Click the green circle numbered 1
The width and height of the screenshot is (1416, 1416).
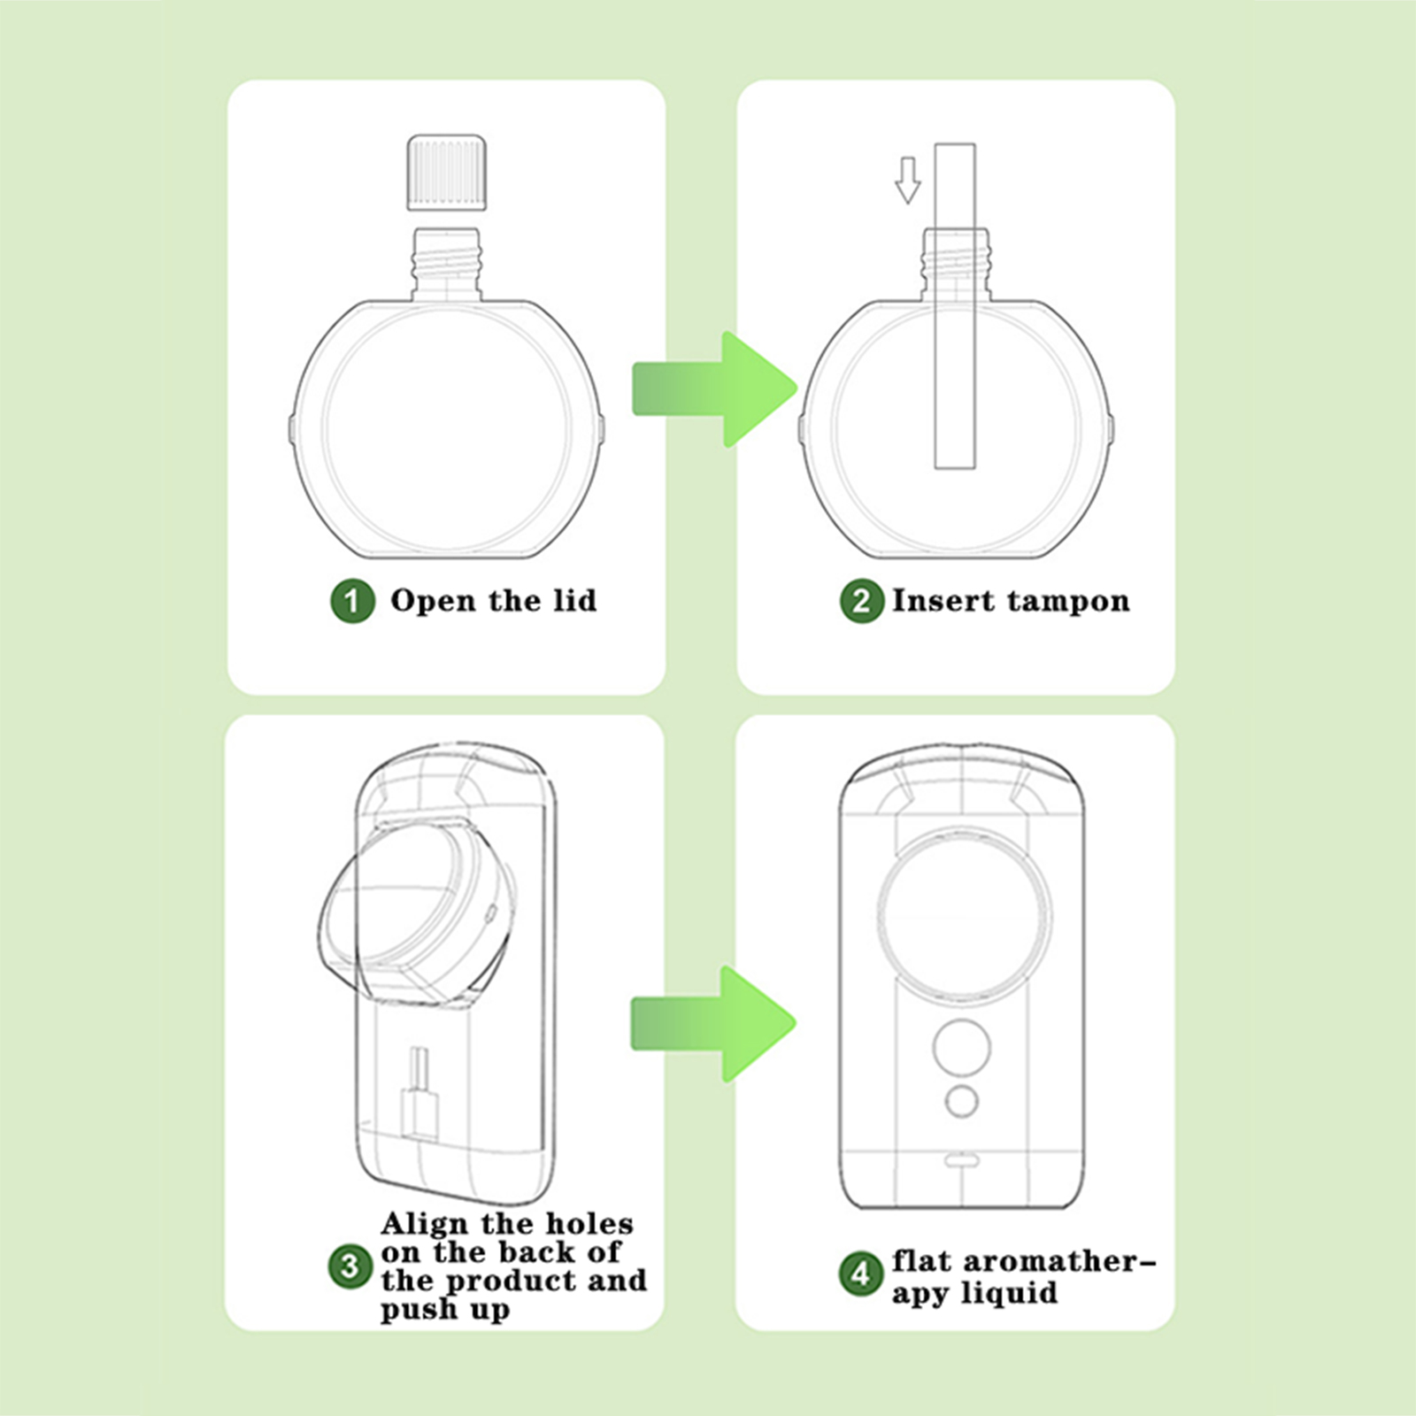tap(352, 602)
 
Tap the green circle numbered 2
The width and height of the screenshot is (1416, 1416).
tap(861, 602)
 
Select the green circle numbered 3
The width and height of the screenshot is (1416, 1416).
tap(350, 1266)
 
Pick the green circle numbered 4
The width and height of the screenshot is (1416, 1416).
tap(860, 1274)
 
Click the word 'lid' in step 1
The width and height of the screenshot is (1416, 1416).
tap(575, 600)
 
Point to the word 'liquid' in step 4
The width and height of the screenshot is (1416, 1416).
tap(1011, 1293)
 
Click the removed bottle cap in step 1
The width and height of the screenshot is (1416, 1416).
tap(447, 173)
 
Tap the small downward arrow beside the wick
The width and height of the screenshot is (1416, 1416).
tap(907, 181)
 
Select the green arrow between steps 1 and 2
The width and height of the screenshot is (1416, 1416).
tap(715, 389)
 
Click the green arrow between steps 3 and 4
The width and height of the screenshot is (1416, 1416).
tap(713, 1024)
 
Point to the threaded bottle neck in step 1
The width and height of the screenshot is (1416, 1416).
tap(447, 263)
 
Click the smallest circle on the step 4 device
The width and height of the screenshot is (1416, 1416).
tap(961, 1102)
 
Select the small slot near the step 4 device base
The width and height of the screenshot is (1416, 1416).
tap(961, 1158)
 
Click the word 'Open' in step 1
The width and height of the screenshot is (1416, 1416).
tap(434, 602)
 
